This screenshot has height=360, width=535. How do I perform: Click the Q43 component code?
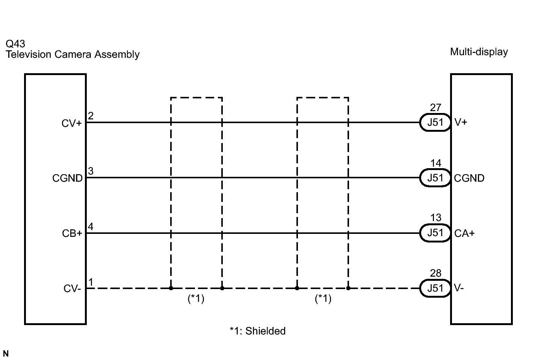tap(15, 44)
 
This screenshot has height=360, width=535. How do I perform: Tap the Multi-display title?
tap(479, 52)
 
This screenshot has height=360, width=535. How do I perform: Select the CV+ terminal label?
tap(72, 124)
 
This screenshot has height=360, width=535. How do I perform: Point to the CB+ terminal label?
tap(72, 233)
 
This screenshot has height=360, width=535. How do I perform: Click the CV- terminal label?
tap(73, 288)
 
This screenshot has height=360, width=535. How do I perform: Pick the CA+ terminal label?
tap(464, 233)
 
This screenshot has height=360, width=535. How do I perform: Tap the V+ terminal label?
tap(461, 122)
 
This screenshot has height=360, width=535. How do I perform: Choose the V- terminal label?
tap(459, 288)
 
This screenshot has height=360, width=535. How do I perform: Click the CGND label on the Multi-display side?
tap(469, 178)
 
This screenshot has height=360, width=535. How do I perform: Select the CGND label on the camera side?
tap(67, 178)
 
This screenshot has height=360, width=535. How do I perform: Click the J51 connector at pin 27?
tap(435, 122)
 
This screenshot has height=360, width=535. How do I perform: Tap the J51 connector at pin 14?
tap(435, 178)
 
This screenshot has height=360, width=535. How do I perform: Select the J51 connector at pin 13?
tap(435, 233)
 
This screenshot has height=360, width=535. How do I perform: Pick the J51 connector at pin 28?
tap(435, 288)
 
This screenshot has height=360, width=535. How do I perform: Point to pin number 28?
tap(436, 273)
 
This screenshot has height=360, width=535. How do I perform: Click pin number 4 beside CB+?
tap(91, 226)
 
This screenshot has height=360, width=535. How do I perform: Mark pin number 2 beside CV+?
tap(91, 116)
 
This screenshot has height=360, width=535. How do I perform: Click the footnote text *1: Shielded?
tap(257, 331)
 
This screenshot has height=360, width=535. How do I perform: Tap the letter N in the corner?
tap(6, 354)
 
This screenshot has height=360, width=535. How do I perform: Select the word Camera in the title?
tap(73, 54)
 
